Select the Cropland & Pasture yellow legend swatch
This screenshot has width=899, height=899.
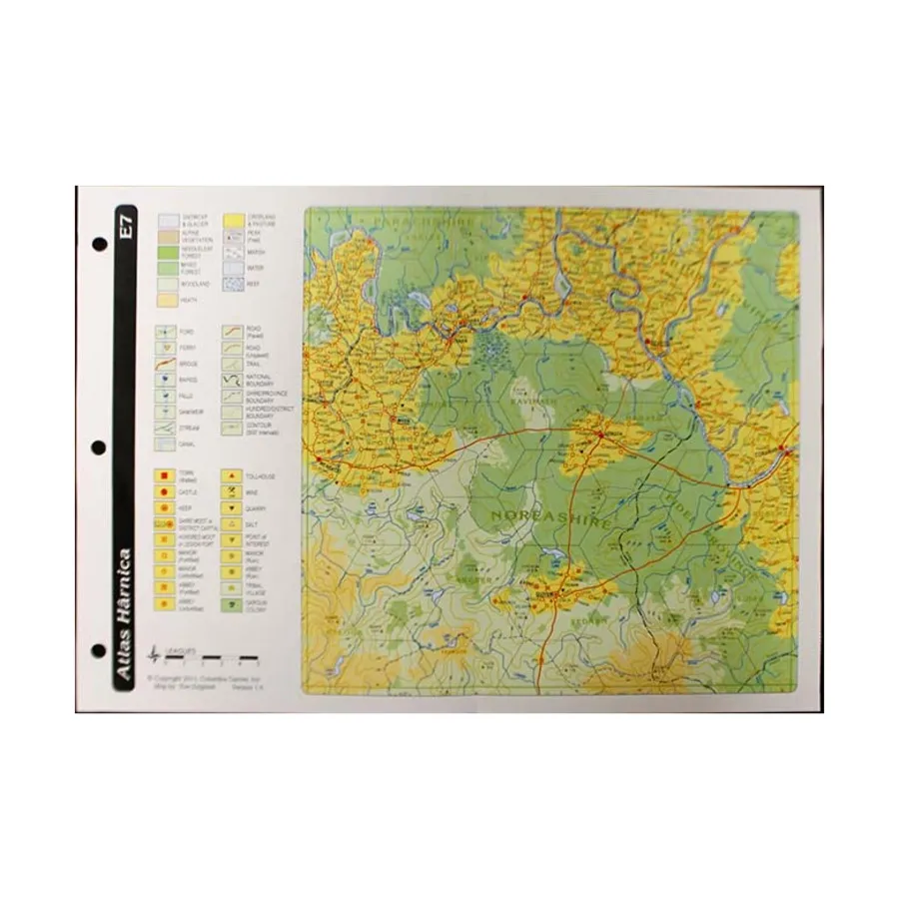235,220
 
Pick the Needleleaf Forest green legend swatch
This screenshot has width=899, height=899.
168,253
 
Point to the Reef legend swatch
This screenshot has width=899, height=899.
235,285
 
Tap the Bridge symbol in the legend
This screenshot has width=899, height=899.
168,364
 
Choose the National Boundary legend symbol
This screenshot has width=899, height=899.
235,380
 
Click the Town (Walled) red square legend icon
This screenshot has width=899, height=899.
160,477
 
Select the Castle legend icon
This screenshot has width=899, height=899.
160,492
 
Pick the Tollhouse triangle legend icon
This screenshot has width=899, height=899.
232,477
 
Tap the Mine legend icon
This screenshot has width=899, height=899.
232,492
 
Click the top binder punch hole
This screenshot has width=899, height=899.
99,243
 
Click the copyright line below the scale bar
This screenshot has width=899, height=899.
205,676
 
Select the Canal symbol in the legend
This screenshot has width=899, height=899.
168,444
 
